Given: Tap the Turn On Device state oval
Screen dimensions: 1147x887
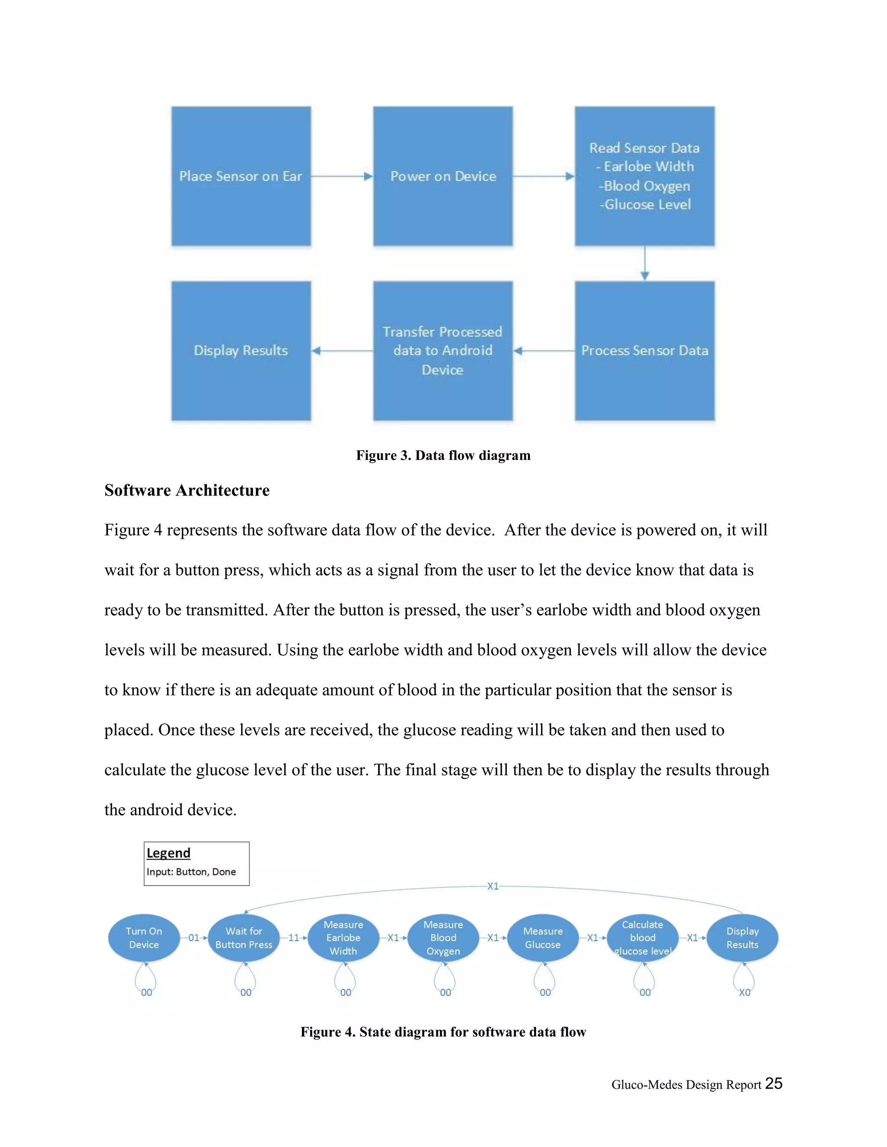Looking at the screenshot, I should [144, 938].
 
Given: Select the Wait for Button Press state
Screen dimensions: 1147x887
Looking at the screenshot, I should [244, 938].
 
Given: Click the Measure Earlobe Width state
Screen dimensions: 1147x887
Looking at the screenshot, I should [343, 938].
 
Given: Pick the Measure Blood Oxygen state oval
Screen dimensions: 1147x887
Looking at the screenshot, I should [443, 938].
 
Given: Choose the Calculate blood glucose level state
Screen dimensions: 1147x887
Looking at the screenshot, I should [642, 938].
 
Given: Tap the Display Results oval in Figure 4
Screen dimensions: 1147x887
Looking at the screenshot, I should [742, 938].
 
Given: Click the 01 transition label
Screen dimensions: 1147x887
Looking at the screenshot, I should [194, 938].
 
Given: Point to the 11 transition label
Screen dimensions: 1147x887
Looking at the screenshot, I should [293, 938].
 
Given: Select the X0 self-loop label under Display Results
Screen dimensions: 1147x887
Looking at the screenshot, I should [745, 992].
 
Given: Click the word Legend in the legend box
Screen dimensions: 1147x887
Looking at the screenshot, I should [168, 853].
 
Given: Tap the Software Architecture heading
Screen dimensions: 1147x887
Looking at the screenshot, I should [187, 490].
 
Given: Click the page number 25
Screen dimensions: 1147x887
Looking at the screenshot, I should [774, 1083].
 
